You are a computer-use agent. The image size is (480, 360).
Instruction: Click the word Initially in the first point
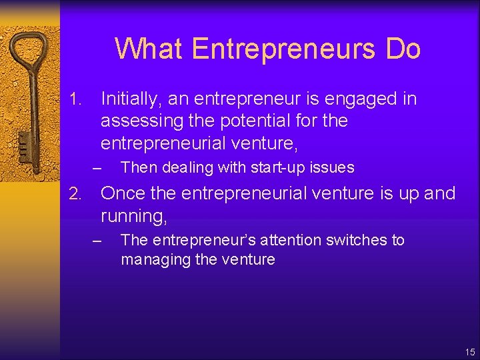pos(131,99)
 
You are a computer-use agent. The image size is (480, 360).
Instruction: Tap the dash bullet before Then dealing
pos(98,167)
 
